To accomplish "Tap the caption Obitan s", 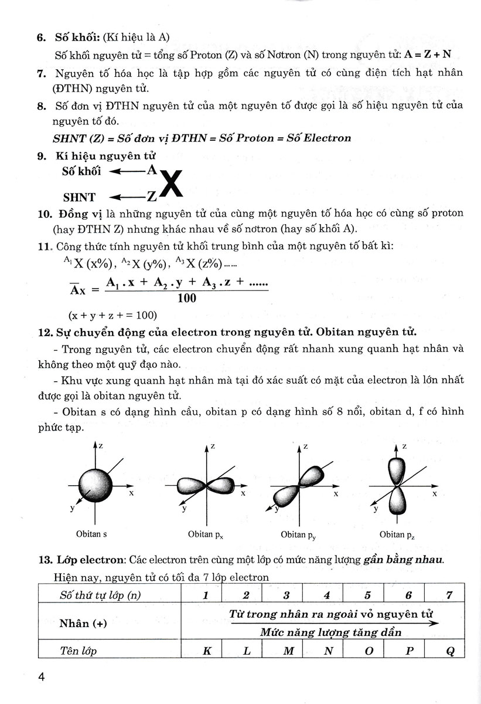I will point(91,534).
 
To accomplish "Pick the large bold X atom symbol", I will point(171,184).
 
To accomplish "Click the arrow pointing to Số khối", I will point(128,171).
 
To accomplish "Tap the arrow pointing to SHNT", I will point(128,197).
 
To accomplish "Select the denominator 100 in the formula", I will point(186,298).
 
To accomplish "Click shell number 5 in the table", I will point(367,595).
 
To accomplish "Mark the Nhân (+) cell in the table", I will point(83,623).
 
